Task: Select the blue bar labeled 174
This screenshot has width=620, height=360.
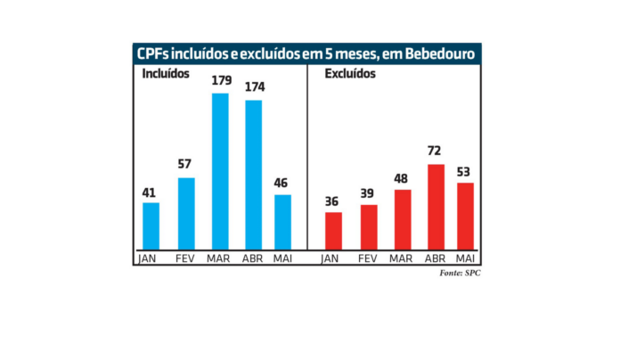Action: (x=254, y=175)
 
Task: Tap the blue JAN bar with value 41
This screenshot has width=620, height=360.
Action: (x=151, y=226)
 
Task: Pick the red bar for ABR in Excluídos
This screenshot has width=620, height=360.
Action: (x=436, y=207)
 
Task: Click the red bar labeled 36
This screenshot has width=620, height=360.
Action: (x=333, y=231)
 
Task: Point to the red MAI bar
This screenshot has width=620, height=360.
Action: (x=464, y=216)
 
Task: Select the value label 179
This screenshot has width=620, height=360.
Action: (x=221, y=81)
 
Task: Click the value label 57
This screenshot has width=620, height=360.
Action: (x=185, y=164)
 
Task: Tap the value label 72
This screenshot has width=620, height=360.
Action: (x=435, y=151)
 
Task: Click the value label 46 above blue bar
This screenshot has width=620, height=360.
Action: (x=281, y=182)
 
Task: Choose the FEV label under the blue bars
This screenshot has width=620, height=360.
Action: (x=185, y=258)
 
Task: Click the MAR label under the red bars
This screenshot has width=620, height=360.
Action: (x=402, y=258)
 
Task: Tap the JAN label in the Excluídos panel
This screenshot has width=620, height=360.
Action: (x=332, y=258)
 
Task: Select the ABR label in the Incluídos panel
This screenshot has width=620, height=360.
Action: (x=254, y=258)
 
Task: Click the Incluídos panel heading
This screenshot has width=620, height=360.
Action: (x=166, y=75)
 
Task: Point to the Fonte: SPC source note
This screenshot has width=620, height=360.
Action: (x=460, y=273)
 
